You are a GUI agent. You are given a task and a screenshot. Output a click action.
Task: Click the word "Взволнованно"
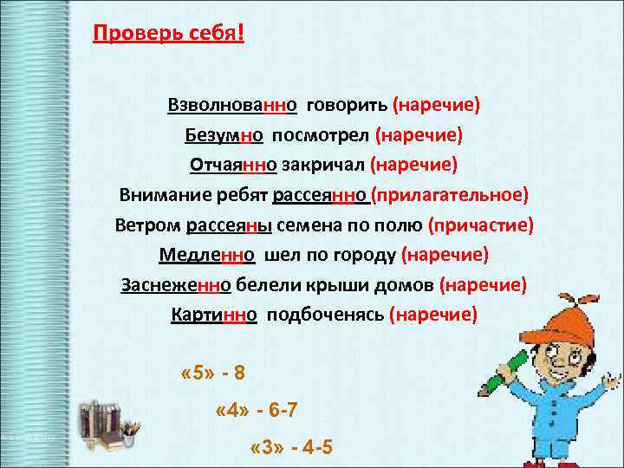tap(233, 105)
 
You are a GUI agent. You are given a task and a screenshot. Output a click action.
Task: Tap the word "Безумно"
tap(224, 135)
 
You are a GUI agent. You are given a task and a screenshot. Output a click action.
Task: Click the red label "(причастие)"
tap(481, 225)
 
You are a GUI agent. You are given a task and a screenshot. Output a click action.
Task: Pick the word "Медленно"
tap(206, 255)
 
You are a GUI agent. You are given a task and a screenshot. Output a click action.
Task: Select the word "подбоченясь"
tap(324, 315)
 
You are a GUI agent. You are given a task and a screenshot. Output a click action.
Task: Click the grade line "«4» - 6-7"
tap(256, 411)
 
